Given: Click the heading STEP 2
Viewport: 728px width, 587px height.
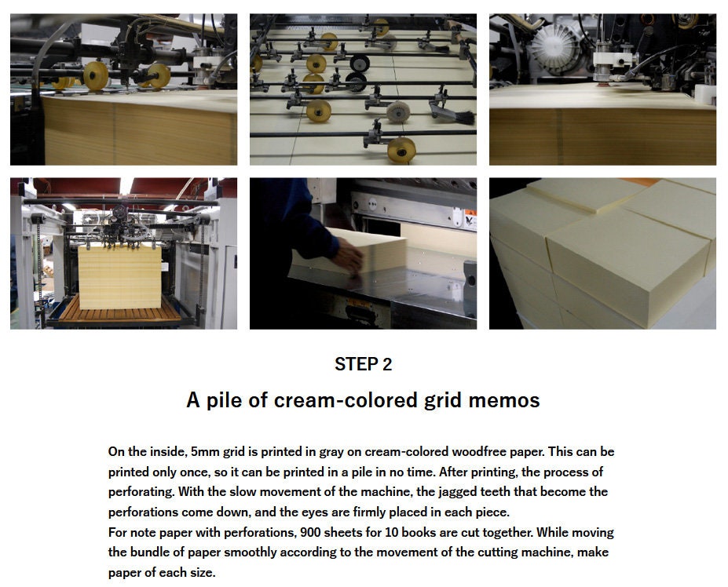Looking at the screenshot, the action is pos(363,364).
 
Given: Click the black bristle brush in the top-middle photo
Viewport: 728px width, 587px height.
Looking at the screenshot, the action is pos(459,116).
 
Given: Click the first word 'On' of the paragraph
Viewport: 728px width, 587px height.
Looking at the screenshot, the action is pos(116,451).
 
